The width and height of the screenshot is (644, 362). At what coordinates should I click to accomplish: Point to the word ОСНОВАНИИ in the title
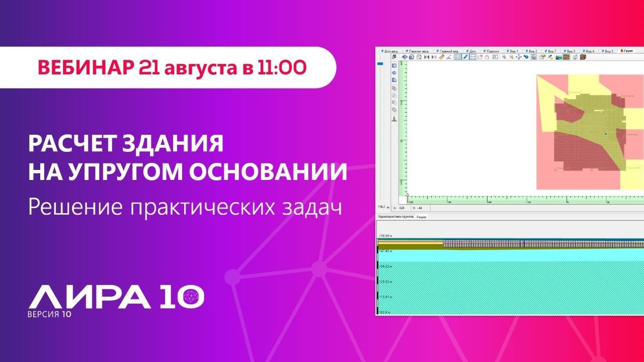click(x=271, y=172)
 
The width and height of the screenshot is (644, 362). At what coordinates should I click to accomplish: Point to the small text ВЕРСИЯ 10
click(x=49, y=315)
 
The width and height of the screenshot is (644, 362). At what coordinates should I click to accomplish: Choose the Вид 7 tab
click(x=552, y=51)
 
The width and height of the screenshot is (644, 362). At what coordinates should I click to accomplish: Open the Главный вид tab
click(x=447, y=51)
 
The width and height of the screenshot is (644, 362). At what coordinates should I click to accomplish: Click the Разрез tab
click(x=422, y=217)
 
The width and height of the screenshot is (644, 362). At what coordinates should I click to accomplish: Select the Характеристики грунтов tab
click(x=395, y=217)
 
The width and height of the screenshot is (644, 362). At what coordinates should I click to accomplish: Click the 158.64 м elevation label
click(x=385, y=235)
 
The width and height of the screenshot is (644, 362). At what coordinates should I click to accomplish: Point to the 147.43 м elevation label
click(x=386, y=250)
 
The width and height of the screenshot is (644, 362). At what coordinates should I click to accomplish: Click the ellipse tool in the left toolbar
click(x=394, y=73)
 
